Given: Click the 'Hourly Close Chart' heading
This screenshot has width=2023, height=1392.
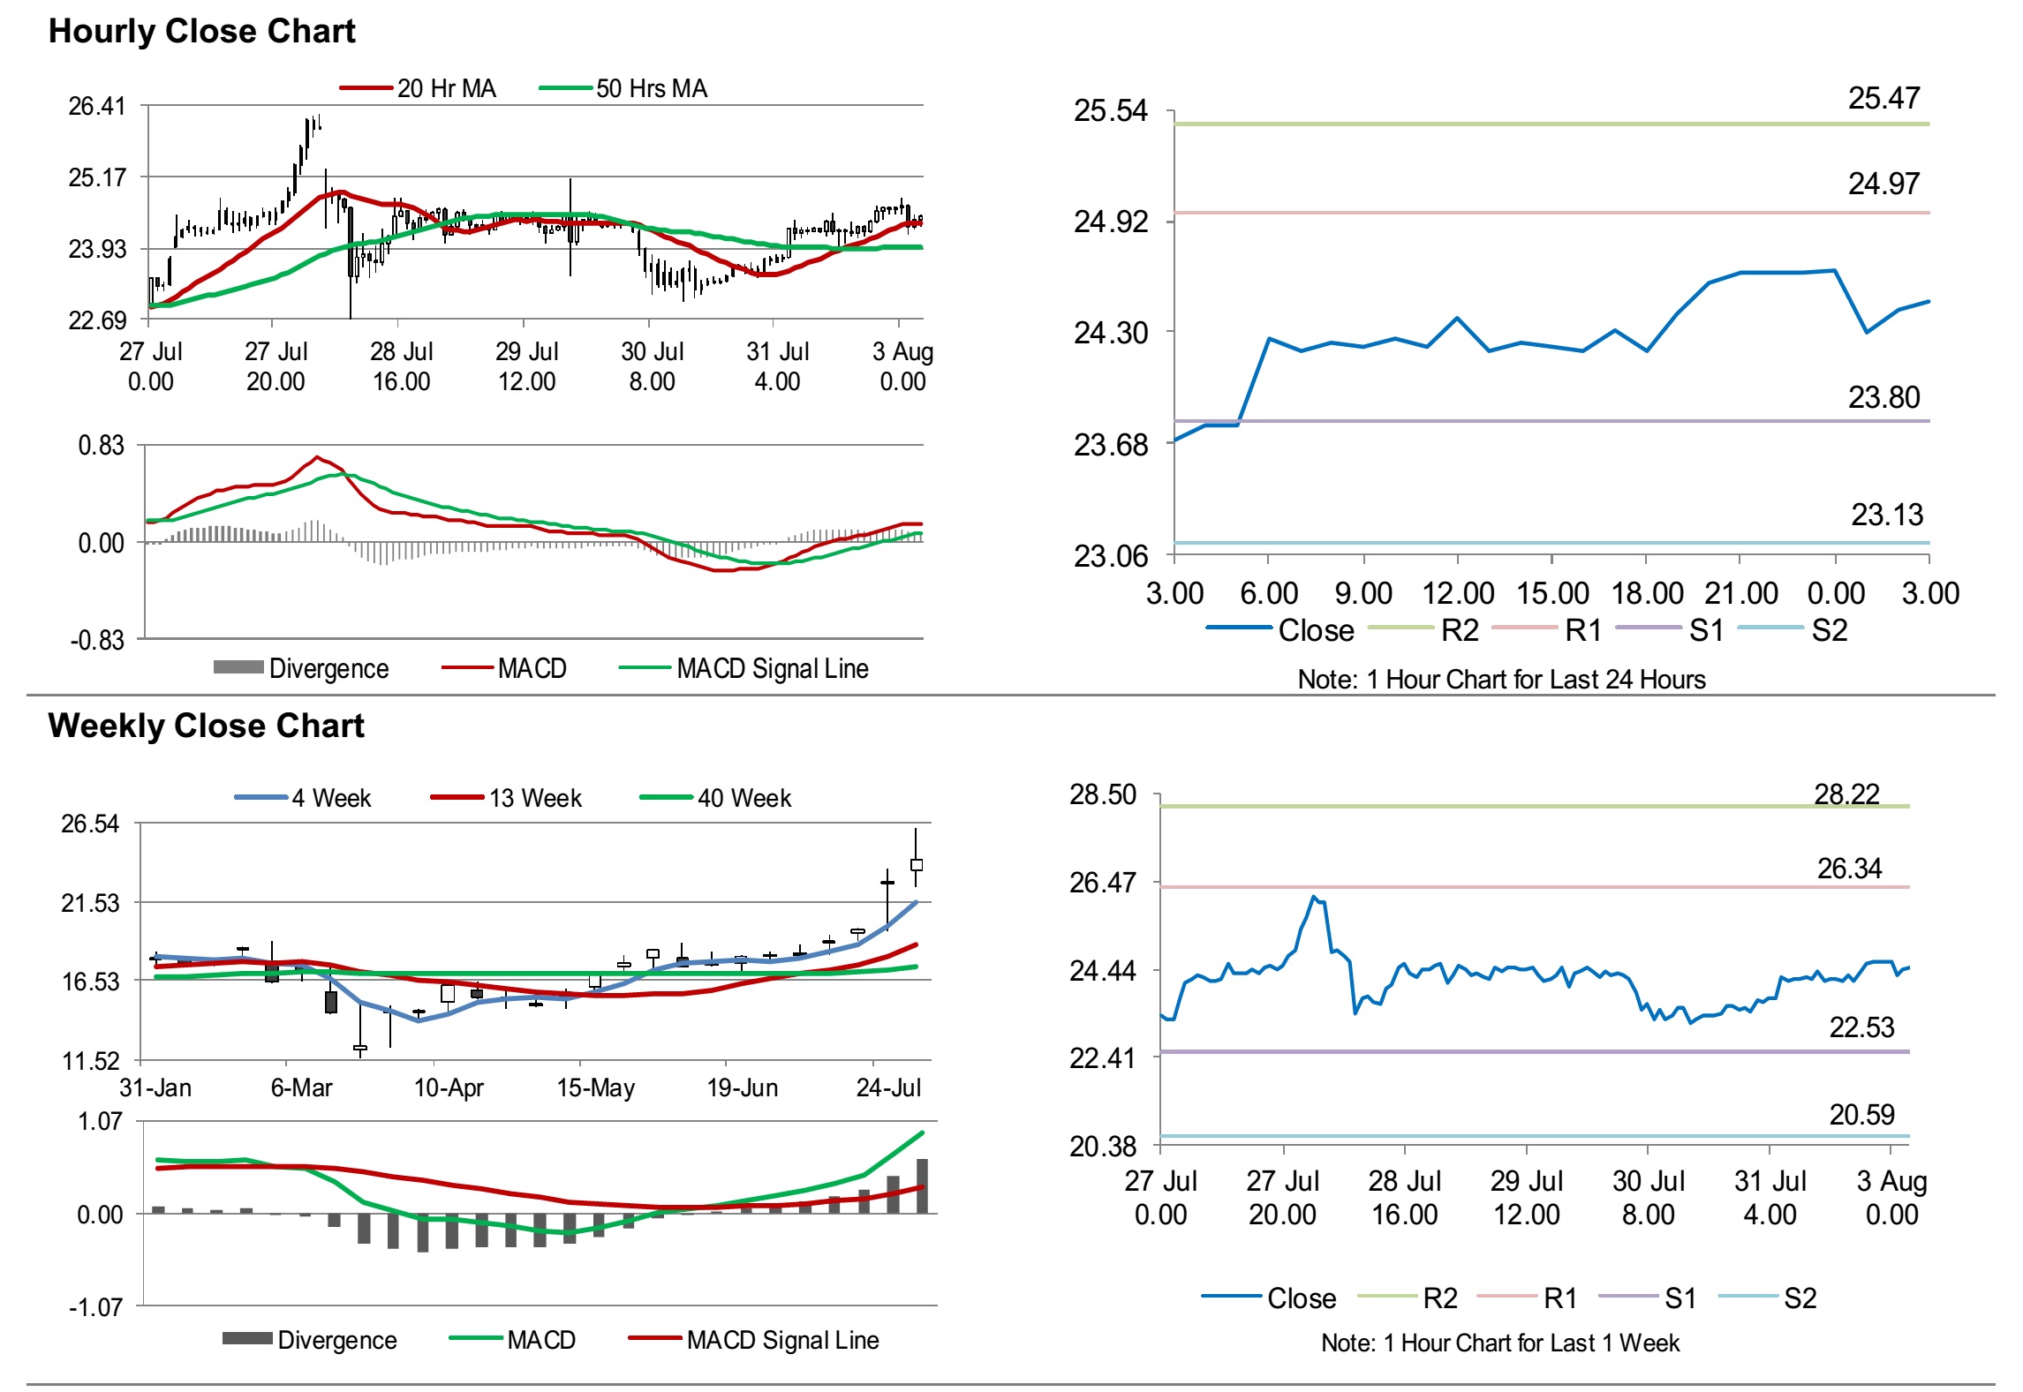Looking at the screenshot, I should coord(201,32).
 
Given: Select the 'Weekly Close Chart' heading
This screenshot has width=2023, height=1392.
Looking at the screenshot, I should coord(206,726).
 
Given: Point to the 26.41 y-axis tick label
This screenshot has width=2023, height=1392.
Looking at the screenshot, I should coord(97,107).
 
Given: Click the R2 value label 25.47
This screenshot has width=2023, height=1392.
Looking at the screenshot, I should coord(1883,98).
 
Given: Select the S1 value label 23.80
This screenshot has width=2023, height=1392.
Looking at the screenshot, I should coord(1883,397).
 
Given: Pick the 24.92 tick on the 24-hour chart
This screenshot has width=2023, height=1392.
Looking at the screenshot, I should coord(1110,222).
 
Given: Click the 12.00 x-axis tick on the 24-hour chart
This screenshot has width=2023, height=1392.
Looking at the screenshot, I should coord(1457,593).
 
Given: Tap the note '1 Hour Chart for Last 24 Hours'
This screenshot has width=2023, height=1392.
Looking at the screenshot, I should coord(1501,679).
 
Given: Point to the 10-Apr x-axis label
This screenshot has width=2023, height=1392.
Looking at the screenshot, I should coord(449,1087).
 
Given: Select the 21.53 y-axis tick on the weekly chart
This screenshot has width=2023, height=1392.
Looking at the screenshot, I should coord(90,903).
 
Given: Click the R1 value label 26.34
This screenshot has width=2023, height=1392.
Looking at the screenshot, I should coord(1849,869).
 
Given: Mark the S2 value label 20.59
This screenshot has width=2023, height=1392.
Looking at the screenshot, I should coord(1861,1115).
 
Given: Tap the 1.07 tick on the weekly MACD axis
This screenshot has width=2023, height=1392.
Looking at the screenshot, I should coord(100,1122).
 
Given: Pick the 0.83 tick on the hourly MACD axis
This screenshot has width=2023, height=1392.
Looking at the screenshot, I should coord(101,446).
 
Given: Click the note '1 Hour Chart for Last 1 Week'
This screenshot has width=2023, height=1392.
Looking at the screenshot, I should coord(1500,1343).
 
